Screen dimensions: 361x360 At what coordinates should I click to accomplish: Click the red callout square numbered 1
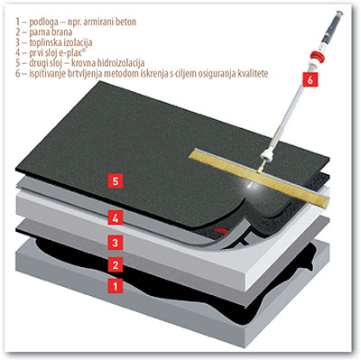[x=116, y=286]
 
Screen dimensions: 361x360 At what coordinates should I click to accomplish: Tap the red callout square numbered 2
[x=116, y=264]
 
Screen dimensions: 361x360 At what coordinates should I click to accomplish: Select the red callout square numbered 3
[x=116, y=242]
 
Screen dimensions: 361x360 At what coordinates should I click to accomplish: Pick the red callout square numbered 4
[x=116, y=218]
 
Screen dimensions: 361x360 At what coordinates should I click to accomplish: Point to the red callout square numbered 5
[x=116, y=180]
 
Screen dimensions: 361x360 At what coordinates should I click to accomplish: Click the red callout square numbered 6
[x=310, y=79]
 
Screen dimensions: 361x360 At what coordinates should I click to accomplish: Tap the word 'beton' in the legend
[x=125, y=23]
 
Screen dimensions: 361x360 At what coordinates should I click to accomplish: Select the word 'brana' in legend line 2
[x=61, y=32]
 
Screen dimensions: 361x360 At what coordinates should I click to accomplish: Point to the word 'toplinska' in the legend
[x=46, y=42]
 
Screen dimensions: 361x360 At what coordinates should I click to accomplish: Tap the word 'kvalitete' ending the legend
[x=253, y=73]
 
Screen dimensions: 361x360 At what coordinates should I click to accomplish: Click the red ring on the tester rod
[x=317, y=56]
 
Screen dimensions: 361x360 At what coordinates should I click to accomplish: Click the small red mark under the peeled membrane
[x=221, y=231]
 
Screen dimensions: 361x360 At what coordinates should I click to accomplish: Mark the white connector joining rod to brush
[x=268, y=154]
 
